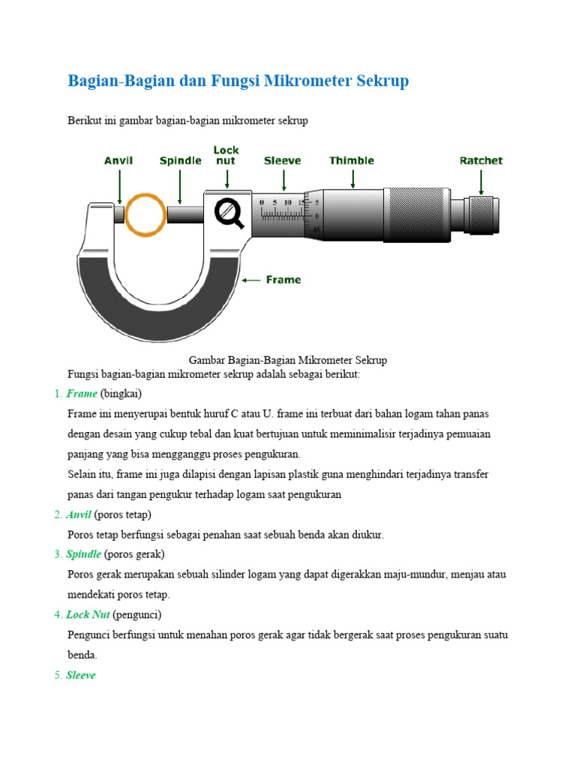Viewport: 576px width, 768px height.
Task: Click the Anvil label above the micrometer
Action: click(118, 160)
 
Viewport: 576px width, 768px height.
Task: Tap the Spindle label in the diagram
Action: click(181, 160)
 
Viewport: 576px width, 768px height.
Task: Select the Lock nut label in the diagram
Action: click(226, 155)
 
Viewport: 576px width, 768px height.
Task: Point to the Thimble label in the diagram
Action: click(352, 160)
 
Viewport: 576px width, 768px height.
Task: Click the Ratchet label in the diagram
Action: click(481, 160)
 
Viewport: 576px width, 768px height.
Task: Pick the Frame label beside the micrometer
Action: click(283, 280)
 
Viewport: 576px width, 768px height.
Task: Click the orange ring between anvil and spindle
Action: click(145, 214)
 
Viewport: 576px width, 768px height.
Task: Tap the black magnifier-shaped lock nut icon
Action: click(229, 213)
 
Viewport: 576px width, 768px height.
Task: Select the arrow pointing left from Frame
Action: click(251, 280)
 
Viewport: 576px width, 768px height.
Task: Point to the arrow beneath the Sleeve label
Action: click(283, 180)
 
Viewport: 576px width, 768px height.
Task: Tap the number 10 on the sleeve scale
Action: click(287, 202)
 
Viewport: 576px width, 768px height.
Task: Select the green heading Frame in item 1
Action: click(82, 394)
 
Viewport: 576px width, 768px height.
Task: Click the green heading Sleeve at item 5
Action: click(81, 675)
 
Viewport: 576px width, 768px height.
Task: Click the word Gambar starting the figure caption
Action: click(207, 360)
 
